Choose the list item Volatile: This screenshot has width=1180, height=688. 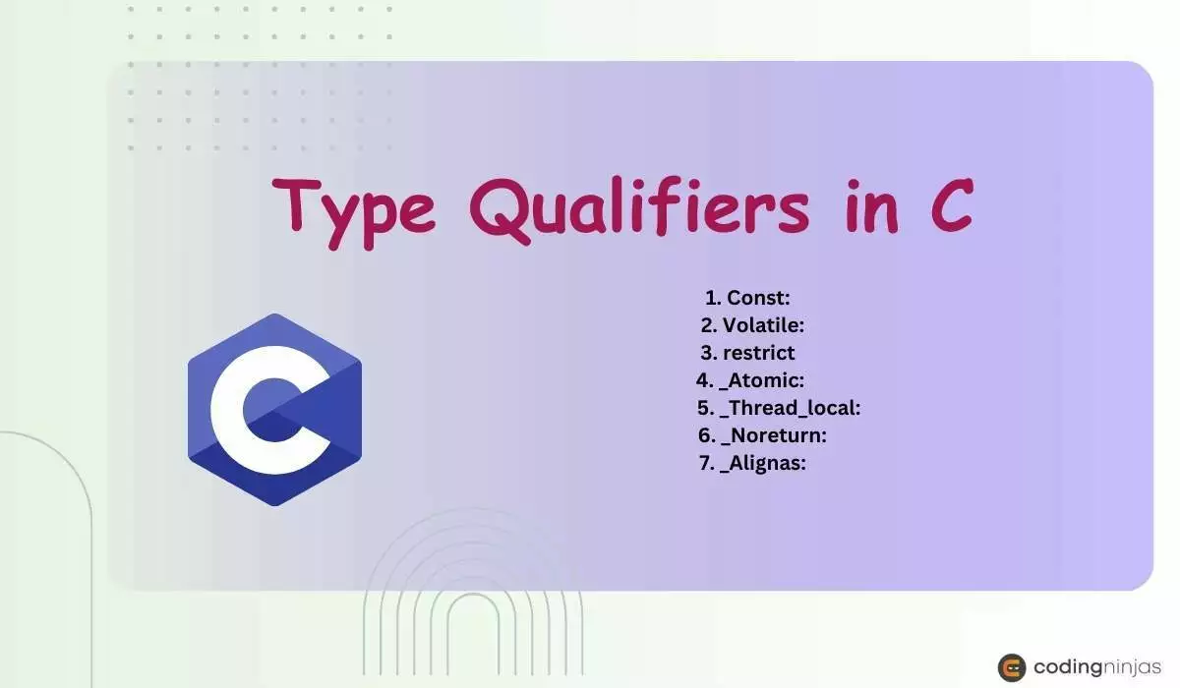[764, 324]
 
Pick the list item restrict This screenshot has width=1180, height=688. [758, 352]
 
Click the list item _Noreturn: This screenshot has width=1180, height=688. [780, 434]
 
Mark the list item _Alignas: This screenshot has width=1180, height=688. [763, 462]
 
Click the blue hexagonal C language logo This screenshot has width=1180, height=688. [274, 410]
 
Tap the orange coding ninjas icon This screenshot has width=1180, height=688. [1012, 667]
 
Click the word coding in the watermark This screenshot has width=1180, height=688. [1064, 667]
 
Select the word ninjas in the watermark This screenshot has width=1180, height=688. [1130, 667]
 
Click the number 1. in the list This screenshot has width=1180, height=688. [713, 297]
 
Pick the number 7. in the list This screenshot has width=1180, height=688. [707, 462]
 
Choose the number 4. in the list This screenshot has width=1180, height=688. [704, 379]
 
